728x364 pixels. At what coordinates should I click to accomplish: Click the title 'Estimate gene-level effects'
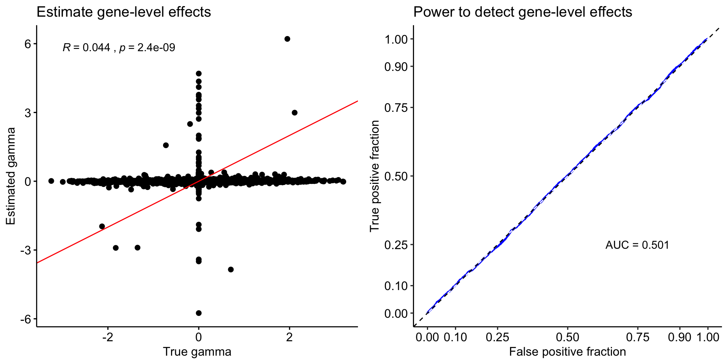[x=124, y=12]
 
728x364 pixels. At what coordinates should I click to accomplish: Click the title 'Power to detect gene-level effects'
[x=522, y=12]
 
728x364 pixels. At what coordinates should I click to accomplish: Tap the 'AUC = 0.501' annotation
[x=637, y=245]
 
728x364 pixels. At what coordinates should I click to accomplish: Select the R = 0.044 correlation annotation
[x=119, y=48]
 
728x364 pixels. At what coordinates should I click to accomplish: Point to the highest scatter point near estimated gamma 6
[x=287, y=39]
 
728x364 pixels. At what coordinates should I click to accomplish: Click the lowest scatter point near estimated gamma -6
[x=199, y=313]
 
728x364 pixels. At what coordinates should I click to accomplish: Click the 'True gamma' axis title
[x=197, y=352]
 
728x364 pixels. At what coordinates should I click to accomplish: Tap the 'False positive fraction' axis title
[x=567, y=352]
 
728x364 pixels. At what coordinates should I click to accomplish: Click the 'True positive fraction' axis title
[x=375, y=176]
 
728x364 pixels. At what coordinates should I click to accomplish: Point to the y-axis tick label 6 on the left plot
[x=28, y=44]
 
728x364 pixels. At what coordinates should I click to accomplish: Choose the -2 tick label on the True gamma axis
[x=108, y=337]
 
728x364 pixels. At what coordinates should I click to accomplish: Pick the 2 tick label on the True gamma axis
[x=289, y=337]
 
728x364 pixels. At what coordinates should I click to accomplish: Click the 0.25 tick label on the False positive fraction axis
[x=497, y=337]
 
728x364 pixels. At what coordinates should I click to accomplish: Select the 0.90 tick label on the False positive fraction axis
[x=680, y=337]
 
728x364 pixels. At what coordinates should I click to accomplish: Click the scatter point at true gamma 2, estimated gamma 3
[x=295, y=113]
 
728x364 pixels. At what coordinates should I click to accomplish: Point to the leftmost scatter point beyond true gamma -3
[x=51, y=181]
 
